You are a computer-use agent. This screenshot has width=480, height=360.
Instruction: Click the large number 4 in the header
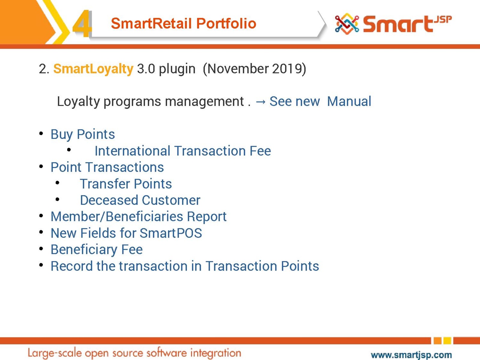[x=82, y=23]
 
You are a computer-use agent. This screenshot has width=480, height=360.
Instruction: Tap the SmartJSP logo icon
[x=347, y=24]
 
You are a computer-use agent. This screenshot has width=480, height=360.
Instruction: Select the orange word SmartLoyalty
[x=93, y=69]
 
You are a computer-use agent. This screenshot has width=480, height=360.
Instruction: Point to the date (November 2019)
[x=254, y=69]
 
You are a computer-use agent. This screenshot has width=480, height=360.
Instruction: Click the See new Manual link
[x=320, y=101]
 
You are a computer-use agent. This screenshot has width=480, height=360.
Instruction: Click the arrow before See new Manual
[x=261, y=102]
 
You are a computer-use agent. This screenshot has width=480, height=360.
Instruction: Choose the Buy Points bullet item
[x=83, y=134]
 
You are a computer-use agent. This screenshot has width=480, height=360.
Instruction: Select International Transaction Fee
[x=183, y=151]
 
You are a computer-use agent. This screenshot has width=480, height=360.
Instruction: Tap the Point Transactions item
[x=107, y=167]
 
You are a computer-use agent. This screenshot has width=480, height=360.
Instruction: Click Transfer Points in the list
[x=126, y=184]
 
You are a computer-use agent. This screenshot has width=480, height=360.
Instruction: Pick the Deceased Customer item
[x=140, y=200]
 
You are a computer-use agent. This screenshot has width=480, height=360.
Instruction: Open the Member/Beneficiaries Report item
[x=139, y=217]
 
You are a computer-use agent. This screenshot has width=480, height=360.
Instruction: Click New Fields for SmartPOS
[x=126, y=233]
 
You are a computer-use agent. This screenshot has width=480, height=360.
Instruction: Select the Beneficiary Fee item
[x=97, y=250]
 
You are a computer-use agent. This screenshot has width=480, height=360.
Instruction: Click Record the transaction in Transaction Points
[x=185, y=266]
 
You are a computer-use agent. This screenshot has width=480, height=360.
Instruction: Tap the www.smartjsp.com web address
[x=411, y=355]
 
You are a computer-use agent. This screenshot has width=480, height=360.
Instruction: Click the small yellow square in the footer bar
[x=447, y=340]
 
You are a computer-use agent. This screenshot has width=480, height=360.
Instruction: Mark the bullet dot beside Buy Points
[x=41, y=133]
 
